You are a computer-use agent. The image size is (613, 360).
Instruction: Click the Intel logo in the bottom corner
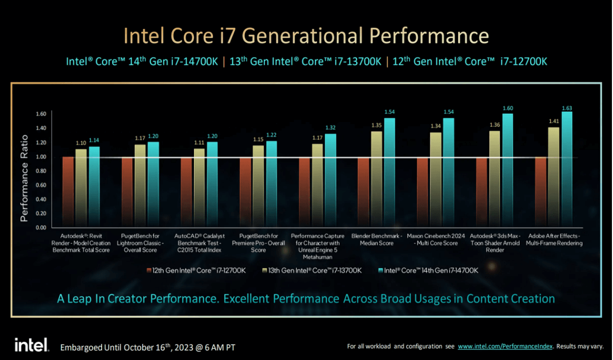coord(31,345)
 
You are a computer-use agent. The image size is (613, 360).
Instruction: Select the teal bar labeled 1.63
coord(566,169)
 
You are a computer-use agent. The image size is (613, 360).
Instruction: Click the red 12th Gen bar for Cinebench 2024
coord(422,192)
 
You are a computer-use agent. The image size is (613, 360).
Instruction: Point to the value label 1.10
coord(81,143)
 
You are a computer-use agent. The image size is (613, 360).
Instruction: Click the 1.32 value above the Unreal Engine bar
coord(330,127)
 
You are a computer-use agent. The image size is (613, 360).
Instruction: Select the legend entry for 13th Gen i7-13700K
coord(311,270)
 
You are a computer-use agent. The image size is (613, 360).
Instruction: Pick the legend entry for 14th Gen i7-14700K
coord(428,270)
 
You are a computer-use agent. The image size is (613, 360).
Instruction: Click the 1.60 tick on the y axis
coord(41,114)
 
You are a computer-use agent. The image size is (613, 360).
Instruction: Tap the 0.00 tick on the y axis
coord(41,227)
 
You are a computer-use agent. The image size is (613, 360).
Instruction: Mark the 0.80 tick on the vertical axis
coord(41,171)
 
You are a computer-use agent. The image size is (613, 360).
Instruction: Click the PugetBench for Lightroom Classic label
coord(141,243)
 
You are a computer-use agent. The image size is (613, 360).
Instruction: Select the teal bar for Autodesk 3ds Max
coord(507,170)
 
